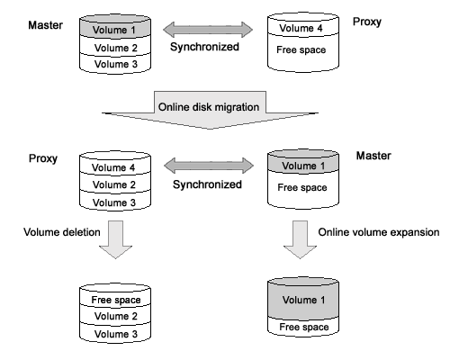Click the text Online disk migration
(209, 107)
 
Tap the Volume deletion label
(62, 232)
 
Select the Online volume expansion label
(379, 232)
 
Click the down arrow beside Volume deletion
(115, 239)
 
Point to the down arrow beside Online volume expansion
(300, 239)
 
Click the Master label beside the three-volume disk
(45, 25)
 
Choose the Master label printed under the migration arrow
(373, 156)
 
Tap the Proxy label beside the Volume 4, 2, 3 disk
(43, 158)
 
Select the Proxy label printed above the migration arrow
(367, 22)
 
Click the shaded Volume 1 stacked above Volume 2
(114, 30)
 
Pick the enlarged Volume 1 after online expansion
(303, 300)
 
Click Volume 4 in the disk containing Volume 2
(113, 167)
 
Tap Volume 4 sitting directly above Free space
(301, 28)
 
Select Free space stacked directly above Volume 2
(116, 300)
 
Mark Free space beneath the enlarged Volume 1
(304, 327)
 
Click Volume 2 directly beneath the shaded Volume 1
(116, 48)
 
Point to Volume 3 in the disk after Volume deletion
(116, 334)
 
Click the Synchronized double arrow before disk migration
(208, 30)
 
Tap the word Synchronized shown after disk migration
(207, 184)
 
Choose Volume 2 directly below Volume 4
(114, 184)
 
